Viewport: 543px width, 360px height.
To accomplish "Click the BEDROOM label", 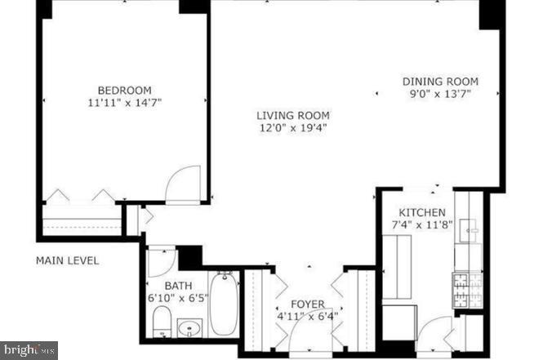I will pos(124,90).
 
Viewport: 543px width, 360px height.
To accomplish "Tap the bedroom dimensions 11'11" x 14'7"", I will pos(124,104).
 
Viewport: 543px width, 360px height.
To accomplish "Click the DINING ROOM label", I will pos(440,82).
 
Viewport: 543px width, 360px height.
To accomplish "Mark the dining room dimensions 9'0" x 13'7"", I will pos(440,95).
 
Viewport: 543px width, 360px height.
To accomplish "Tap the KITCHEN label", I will pos(417,212).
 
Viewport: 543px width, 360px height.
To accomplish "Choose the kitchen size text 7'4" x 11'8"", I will pos(417,224).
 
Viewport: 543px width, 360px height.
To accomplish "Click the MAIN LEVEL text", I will pos(67,261).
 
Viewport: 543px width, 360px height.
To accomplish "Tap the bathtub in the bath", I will pos(222,304).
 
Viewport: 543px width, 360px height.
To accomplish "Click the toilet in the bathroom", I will pos(162,322).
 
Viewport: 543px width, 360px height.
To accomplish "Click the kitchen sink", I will pos(471,231).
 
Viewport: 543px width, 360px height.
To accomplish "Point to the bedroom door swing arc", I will pos(183,184).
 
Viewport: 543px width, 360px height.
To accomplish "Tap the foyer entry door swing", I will pos(309,336).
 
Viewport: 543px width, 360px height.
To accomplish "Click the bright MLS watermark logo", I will pos(29,350).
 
